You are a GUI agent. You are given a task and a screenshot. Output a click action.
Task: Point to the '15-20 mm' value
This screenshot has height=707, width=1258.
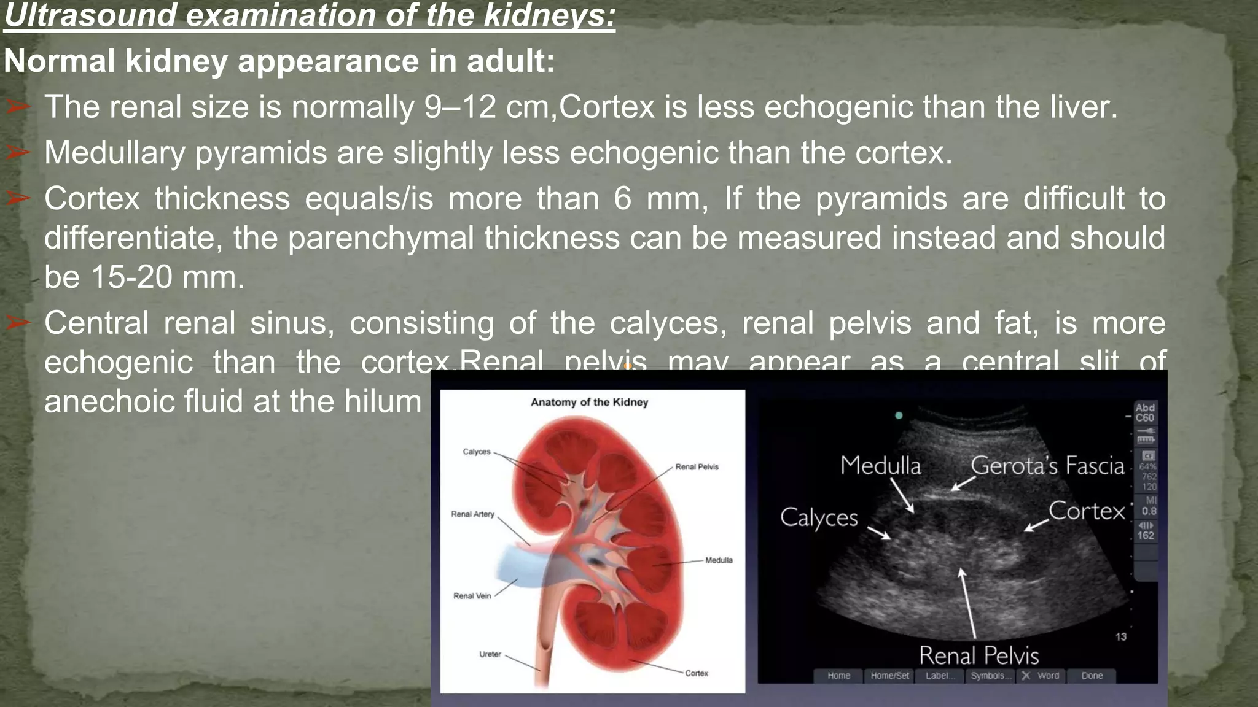(167, 277)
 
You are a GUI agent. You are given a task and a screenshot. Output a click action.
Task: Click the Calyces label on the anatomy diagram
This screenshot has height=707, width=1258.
(477, 452)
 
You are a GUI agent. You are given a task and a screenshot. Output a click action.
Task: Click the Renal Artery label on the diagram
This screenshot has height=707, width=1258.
(472, 514)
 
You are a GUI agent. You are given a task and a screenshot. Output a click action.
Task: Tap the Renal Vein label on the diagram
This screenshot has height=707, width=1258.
(472, 596)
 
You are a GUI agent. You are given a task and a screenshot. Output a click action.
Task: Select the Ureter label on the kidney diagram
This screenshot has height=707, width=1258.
(490, 654)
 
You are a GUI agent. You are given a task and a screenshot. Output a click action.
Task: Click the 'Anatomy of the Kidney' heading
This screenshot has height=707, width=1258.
(589, 402)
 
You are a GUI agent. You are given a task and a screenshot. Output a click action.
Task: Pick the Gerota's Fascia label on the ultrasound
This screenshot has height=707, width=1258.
(1047, 466)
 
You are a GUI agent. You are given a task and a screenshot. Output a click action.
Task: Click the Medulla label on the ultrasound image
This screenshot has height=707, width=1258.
(880, 465)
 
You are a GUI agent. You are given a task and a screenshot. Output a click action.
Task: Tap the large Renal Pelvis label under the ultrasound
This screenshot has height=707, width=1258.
(979, 655)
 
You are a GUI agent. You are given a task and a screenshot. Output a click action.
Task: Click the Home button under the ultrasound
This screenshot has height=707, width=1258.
(838, 676)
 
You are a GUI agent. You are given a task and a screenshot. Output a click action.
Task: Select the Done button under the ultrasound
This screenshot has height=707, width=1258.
(1092, 676)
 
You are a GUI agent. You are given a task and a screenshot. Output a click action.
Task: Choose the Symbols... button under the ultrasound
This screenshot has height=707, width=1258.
(988, 676)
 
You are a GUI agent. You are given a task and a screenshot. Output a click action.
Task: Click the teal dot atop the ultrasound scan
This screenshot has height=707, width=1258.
(899, 415)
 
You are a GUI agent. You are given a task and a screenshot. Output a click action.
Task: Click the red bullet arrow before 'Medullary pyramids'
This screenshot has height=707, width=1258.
(18, 152)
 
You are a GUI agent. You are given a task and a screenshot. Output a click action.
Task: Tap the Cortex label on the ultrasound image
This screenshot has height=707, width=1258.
(1086, 511)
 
